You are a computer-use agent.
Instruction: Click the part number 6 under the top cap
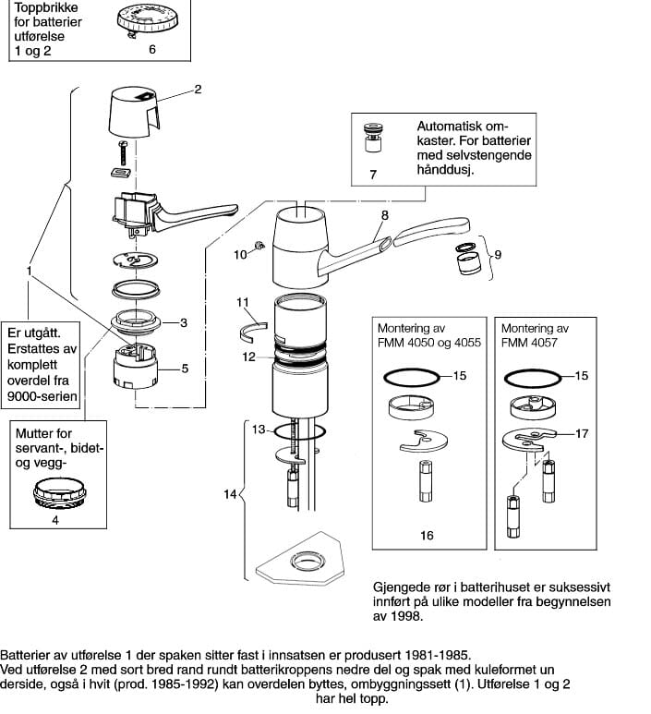pyautogui.click(x=152, y=49)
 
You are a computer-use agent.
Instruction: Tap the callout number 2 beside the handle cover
pyautogui.click(x=198, y=90)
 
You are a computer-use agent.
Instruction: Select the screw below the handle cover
pyautogui.click(x=123, y=153)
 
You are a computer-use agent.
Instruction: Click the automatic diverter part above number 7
pyautogui.click(x=373, y=138)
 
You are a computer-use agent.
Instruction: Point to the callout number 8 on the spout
pyautogui.click(x=385, y=215)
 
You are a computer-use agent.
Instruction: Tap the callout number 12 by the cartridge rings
pyautogui.click(x=249, y=357)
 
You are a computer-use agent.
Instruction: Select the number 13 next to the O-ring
pyautogui.click(x=259, y=429)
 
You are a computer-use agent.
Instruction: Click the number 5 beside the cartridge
pyautogui.click(x=185, y=369)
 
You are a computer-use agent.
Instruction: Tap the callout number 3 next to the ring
pyautogui.click(x=184, y=323)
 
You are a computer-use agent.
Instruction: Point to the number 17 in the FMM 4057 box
pyautogui.click(x=582, y=433)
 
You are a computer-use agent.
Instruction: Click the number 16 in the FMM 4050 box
pyautogui.click(x=427, y=535)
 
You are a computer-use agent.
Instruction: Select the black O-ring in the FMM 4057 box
pyautogui.click(x=533, y=378)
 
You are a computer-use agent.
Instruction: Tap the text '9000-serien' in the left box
pyautogui.click(x=42, y=396)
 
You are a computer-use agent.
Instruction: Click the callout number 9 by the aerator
pyautogui.click(x=498, y=255)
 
